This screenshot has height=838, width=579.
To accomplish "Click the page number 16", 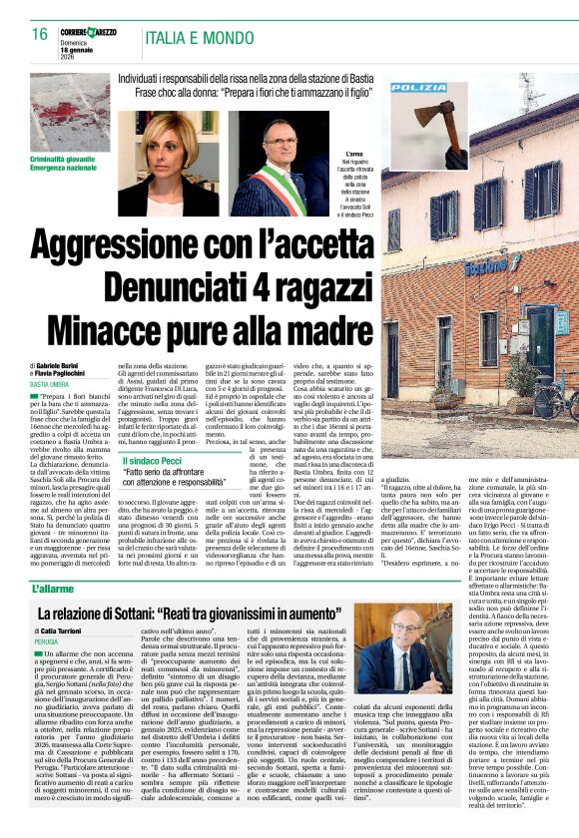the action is click(x=40, y=34).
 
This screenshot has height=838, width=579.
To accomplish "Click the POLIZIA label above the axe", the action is click(x=418, y=88).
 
